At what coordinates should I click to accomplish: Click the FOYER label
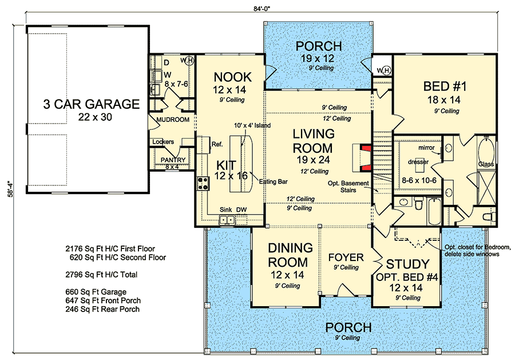click(x=346, y=257)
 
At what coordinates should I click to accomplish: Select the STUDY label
click(x=407, y=264)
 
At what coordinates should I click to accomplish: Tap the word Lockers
click(x=163, y=142)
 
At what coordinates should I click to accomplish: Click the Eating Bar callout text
click(x=272, y=181)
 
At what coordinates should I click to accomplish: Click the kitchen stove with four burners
click(x=203, y=184)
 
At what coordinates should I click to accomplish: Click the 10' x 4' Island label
click(x=250, y=125)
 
